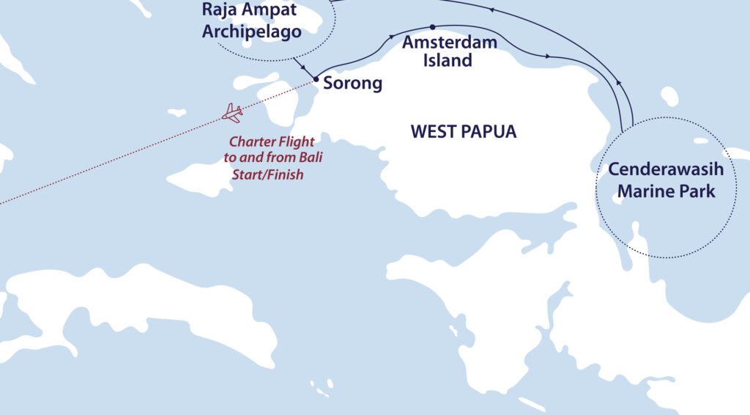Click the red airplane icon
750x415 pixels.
tap(233, 112)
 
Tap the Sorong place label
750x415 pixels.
tap(353, 83)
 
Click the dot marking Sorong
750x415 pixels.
tap(316, 79)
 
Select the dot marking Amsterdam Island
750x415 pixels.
tap(433, 27)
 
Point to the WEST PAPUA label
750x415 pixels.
tap(463, 132)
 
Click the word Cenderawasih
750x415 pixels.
tap(666, 170)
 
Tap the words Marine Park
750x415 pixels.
tap(666, 191)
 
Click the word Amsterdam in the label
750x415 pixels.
tap(450, 43)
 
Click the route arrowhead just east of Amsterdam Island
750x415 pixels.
tap(549, 55)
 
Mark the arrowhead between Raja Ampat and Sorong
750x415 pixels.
tap(303, 67)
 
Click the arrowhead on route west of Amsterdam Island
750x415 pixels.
tap(393, 35)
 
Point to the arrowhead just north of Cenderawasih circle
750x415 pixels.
tap(617, 83)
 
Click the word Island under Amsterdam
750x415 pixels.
tap(448, 61)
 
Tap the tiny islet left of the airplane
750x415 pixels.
tap(177, 113)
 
